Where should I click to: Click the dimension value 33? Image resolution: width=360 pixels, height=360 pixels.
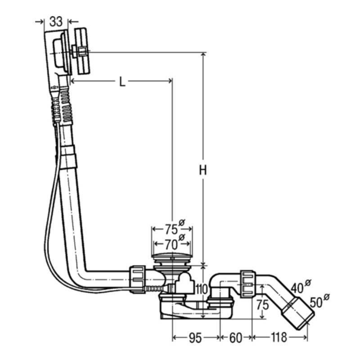tap(56, 22)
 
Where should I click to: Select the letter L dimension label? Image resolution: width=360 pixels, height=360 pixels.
tap(122, 81)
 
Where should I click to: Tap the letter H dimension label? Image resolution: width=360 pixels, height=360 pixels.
tap(203, 170)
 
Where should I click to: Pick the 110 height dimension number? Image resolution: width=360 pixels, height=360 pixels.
tap(202, 289)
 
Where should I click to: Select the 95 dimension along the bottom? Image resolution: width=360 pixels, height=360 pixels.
tap(195, 338)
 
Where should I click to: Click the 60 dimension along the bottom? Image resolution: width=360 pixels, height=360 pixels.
tap(235, 338)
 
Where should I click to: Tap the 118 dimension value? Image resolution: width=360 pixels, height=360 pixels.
tap(279, 337)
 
